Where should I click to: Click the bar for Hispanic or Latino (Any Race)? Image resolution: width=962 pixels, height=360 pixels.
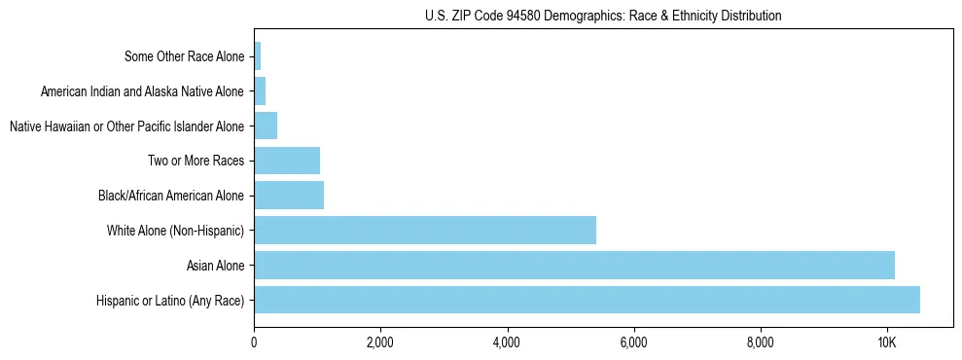click(587, 300)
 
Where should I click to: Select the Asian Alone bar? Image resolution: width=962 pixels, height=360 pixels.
click(574, 265)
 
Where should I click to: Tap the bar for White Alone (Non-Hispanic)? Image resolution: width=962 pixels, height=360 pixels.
click(425, 231)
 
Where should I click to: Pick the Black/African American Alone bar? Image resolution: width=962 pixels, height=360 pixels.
click(289, 196)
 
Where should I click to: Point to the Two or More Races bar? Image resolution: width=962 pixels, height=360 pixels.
click(287, 161)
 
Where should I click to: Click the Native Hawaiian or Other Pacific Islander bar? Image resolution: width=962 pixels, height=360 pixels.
click(266, 126)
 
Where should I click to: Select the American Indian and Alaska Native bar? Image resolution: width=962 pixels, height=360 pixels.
click(260, 91)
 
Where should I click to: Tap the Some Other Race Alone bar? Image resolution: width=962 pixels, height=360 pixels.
click(258, 56)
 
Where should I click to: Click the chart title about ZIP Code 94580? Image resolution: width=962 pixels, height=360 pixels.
click(603, 16)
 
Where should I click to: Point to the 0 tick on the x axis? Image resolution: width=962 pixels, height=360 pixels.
click(254, 342)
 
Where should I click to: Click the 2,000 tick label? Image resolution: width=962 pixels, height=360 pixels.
click(380, 342)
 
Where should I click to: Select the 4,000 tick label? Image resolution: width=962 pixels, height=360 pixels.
click(507, 342)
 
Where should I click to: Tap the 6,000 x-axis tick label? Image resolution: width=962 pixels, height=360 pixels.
click(633, 342)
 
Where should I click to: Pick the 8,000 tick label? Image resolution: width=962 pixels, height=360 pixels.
click(760, 342)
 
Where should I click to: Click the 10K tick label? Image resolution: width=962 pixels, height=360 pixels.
click(886, 342)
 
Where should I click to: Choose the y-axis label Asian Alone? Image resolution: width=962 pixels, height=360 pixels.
click(215, 266)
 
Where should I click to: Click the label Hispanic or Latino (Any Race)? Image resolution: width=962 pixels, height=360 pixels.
click(170, 301)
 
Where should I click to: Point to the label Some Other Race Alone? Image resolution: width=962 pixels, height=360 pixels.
click(185, 56)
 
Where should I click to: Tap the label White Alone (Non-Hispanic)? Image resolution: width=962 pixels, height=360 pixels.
click(175, 231)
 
